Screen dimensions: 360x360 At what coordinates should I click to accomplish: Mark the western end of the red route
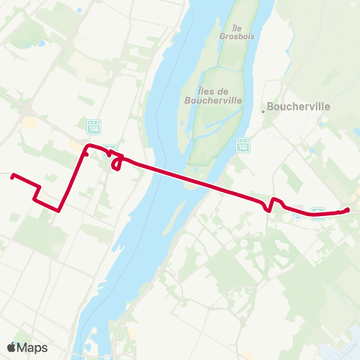click(12, 176)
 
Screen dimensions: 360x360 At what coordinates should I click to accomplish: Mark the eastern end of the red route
click(348, 209)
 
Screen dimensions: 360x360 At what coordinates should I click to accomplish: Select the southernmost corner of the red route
click(58, 211)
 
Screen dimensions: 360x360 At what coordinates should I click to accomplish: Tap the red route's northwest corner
click(85, 145)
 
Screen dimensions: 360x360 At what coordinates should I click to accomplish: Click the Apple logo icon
click(11, 347)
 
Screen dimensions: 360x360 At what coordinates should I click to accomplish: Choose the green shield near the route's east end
click(317, 212)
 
